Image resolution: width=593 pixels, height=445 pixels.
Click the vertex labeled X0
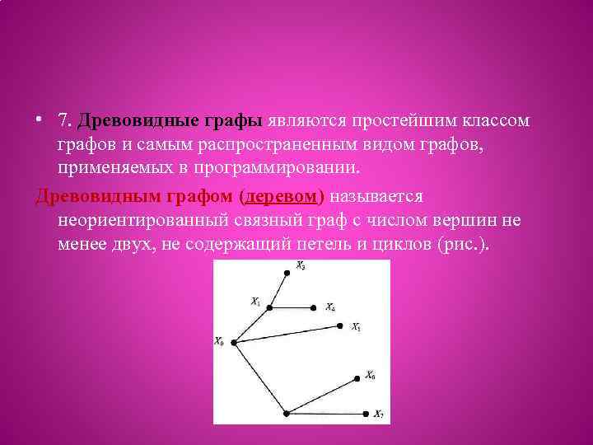tap(233, 342)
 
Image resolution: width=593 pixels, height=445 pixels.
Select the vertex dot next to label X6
tap(357, 378)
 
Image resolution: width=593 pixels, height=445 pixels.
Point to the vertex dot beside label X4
tap(315, 308)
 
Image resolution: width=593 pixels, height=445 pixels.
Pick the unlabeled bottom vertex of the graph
tap(286, 413)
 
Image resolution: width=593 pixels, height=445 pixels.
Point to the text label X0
tap(219, 342)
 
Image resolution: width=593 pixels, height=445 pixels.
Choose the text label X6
tap(371, 376)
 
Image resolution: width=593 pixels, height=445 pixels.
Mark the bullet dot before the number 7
tap(39, 121)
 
